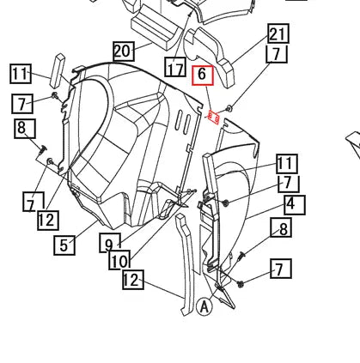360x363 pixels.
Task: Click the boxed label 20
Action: coord(124,51)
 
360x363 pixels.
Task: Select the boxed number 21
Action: coord(278,33)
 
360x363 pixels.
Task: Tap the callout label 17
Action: coord(175,67)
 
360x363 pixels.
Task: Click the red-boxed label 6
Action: coord(203,76)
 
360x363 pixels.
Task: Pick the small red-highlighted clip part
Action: coord(214,118)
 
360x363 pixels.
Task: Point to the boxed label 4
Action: coord(295,205)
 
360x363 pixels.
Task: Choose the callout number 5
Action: coord(64,245)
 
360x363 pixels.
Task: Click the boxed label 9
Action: coord(109,243)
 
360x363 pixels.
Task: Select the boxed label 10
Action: coord(119,260)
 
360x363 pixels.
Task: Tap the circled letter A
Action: coord(204,307)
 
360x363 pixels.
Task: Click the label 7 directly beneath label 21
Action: coord(277,54)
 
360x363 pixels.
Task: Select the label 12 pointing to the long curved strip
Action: coord(132,280)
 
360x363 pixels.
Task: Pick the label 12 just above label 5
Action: coord(48,221)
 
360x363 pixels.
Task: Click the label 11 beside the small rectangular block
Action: coord(21,74)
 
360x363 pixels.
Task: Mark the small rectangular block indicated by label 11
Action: coord(58,70)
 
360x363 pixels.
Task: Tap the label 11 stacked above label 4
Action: coord(287,164)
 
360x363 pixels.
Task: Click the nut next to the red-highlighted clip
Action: coord(229,109)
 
